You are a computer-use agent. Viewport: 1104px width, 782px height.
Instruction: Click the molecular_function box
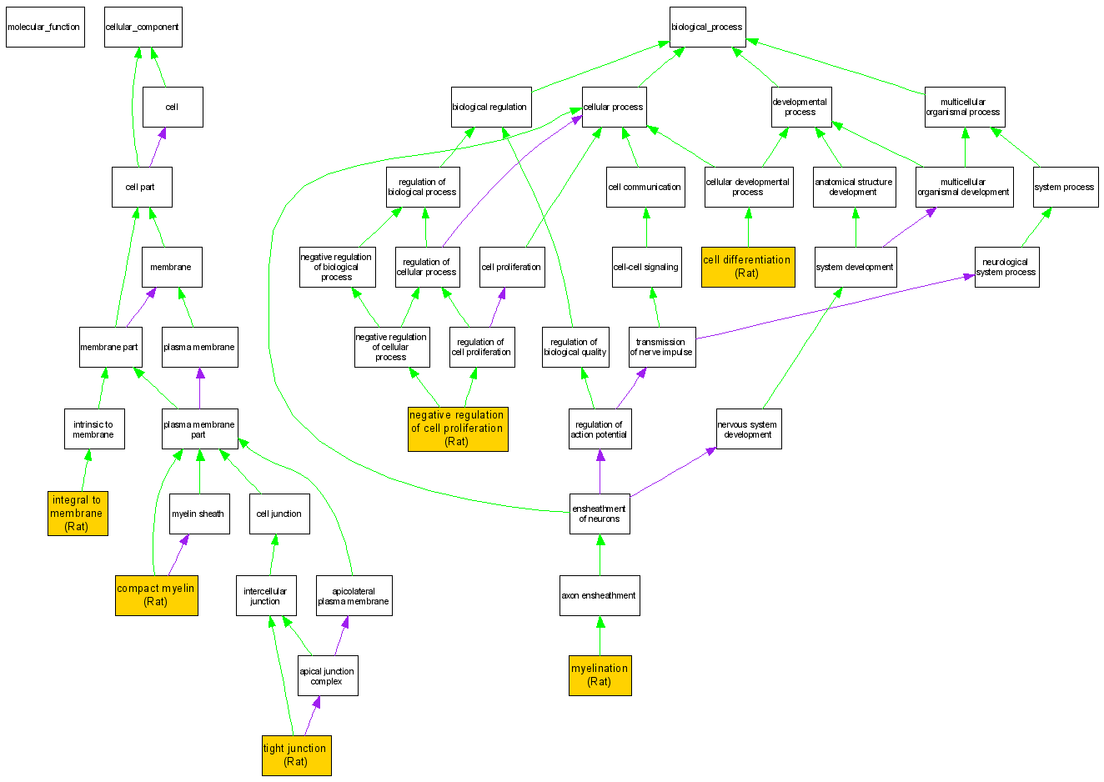click(45, 27)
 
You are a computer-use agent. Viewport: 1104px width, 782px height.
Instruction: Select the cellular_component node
click(143, 27)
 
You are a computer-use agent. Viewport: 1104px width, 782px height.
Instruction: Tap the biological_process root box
click(707, 27)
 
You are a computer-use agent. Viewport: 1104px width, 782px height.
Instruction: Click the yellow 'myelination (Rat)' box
click(600, 674)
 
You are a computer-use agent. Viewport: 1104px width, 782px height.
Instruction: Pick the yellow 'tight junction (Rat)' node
click(296, 754)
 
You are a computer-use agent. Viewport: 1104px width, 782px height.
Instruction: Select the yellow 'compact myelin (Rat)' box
click(156, 594)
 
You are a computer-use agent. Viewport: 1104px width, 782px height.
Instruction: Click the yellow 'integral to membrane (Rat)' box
click(78, 513)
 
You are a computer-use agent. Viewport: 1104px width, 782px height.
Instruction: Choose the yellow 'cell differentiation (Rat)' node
click(747, 266)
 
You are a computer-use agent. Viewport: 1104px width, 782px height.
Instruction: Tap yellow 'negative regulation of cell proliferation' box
click(457, 429)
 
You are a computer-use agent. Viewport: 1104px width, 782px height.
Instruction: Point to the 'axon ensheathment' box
click(599, 595)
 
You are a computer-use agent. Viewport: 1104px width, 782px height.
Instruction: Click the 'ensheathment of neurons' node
click(600, 514)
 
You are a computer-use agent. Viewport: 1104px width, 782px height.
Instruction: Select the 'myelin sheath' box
click(198, 514)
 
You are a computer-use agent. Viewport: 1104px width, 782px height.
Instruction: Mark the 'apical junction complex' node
click(328, 675)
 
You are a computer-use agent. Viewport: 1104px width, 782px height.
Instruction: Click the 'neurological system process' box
click(1006, 267)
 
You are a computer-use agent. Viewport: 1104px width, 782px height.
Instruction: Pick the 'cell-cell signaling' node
click(646, 267)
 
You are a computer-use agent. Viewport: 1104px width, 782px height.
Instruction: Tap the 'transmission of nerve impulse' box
click(661, 347)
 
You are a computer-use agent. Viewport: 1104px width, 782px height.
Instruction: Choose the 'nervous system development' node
click(749, 429)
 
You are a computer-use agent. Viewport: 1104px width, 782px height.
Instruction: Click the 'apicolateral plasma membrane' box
click(354, 595)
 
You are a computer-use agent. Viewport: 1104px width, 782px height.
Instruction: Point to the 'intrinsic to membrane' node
click(93, 429)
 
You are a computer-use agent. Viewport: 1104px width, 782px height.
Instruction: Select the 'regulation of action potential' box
click(600, 429)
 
